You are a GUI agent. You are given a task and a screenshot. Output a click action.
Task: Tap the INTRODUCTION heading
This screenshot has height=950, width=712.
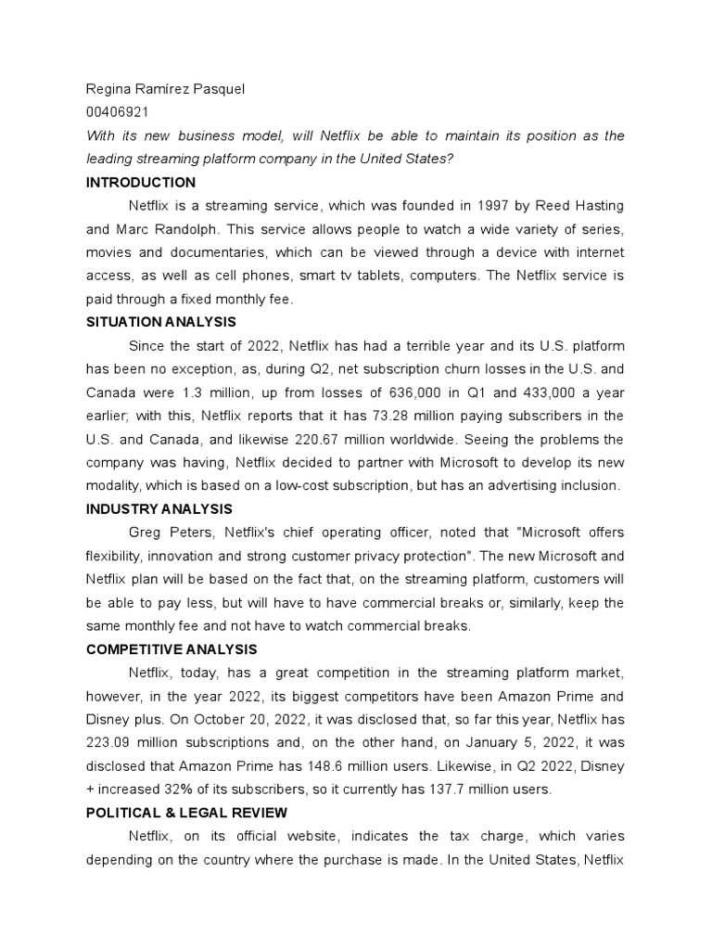tap(140, 182)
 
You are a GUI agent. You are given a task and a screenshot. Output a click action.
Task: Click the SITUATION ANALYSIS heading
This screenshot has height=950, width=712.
tap(160, 322)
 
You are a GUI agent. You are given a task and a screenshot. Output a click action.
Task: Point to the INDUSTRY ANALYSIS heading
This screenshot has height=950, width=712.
tap(159, 509)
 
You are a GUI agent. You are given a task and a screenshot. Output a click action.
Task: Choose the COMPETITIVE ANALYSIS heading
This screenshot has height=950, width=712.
tap(172, 649)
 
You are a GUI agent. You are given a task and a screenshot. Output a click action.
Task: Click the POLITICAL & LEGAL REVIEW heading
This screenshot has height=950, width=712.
tap(186, 813)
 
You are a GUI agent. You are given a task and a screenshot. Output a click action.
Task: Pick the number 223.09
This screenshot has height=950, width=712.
tap(109, 743)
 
